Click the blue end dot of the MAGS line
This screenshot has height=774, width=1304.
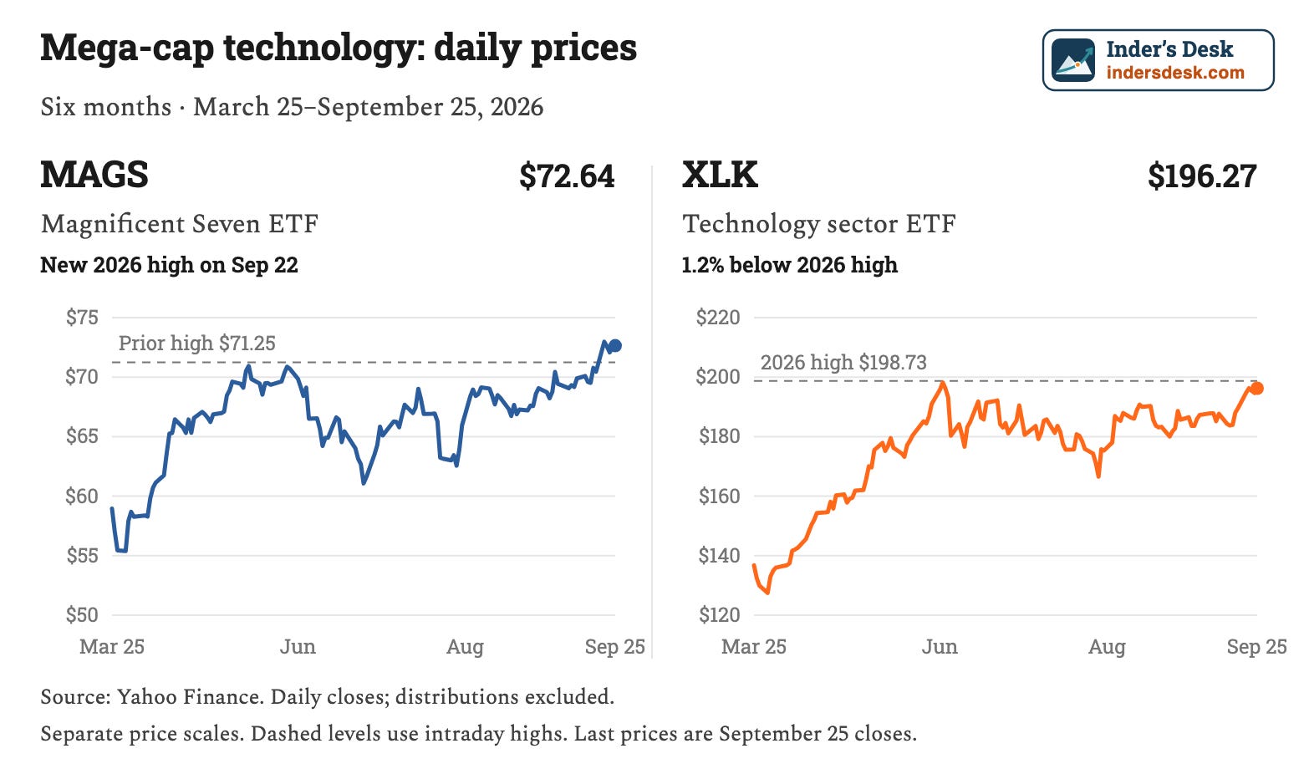tap(615, 346)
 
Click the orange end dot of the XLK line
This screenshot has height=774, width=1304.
tap(1257, 388)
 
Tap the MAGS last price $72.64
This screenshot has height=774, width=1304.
tap(567, 176)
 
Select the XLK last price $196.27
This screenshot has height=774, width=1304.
tap(1202, 176)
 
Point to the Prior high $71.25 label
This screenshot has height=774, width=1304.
tap(196, 343)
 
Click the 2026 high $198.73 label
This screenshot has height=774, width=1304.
tap(843, 362)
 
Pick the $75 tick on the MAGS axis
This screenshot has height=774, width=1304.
tap(82, 317)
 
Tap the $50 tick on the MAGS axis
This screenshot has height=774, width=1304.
tap(82, 614)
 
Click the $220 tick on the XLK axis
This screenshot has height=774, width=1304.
tap(718, 317)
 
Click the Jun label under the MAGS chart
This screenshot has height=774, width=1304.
tap(298, 647)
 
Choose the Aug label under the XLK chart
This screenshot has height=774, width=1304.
tap(1108, 647)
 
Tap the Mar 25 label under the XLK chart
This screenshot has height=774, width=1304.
tap(754, 647)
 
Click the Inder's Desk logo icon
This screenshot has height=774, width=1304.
tap(1073, 60)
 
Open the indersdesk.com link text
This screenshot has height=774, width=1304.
tap(1175, 73)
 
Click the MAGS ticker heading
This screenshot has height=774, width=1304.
tap(94, 175)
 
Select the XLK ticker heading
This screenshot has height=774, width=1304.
tap(720, 175)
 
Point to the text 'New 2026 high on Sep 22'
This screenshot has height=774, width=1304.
tap(170, 265)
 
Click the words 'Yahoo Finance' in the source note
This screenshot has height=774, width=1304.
tap(189, 696)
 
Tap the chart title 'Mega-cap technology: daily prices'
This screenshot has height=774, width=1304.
tap(339, 48)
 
